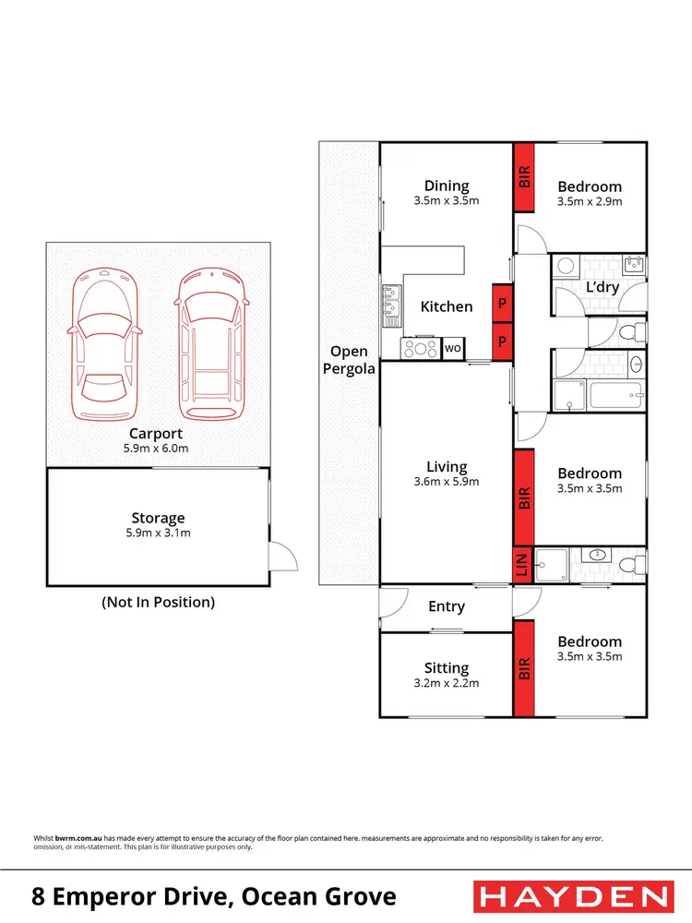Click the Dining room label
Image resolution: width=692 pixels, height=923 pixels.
pyautogui.click(x=447, y=186)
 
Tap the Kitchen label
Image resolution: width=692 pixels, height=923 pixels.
pyautogui.click(x=447, y=306)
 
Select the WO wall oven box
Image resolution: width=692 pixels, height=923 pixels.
pyautogui.click(x=453, y=349)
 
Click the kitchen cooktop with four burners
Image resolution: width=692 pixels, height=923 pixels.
pyautogui.click(x=422, y=349)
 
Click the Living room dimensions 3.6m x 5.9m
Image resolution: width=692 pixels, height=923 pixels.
pyautogui.click(x=447, y=481)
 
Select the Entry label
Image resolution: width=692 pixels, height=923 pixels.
pyautogui.click(x=447, y=606)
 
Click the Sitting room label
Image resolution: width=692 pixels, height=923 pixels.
pyautogui.click(x=447, y=667)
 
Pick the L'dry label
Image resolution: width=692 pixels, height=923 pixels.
pyautogui.click(x=602, y=287)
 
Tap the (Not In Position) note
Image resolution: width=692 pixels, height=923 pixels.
pyautogui.click(x=158, y=602)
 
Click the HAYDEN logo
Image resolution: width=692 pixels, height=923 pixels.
pyautogui.click(x=572, y=895)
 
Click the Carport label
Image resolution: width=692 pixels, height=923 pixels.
pyautogui.click(x=156, y=433)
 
